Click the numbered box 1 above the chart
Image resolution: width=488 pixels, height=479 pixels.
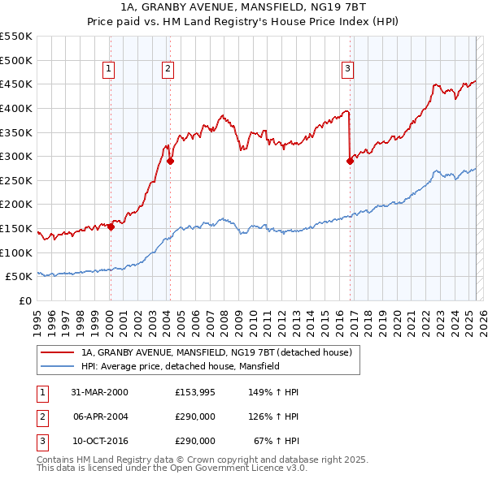pos(109,70)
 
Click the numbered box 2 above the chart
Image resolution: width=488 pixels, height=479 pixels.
pos(168,70)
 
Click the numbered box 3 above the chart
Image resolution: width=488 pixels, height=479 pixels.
pos(347,70)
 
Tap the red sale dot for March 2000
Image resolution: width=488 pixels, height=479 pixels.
pos(111,227)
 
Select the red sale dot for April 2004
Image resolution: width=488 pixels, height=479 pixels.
pos(170,162)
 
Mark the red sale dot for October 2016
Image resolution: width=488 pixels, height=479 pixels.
pos(350,162)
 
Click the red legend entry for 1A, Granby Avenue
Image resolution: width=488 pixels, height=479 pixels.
pos(216,352)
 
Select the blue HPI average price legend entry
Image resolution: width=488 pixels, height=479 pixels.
pos(180,366)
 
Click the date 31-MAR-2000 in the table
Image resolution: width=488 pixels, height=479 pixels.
pos(99,392)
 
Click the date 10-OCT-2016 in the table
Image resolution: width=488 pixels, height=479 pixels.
pos(99,441)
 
